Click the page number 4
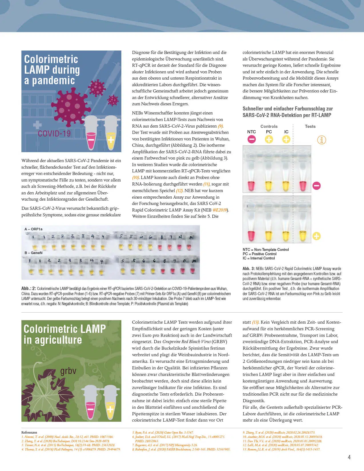point(349,457)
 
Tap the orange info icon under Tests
point(321,140)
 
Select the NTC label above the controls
point(252,132)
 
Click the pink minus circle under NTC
point(252,139)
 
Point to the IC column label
point(286,132)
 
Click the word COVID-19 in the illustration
point(54,134)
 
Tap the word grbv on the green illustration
point(69,371)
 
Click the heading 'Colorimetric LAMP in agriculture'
point(65,334)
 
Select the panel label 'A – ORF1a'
point(33,229)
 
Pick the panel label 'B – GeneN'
point(33,253)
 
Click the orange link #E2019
point(220,210)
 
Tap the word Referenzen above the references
point(29,432)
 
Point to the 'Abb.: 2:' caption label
point(29,289)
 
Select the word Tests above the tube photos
point(310,126)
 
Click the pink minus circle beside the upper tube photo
point(317,186)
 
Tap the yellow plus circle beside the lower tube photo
point(317,236)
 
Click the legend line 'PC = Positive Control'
point(260,254)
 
